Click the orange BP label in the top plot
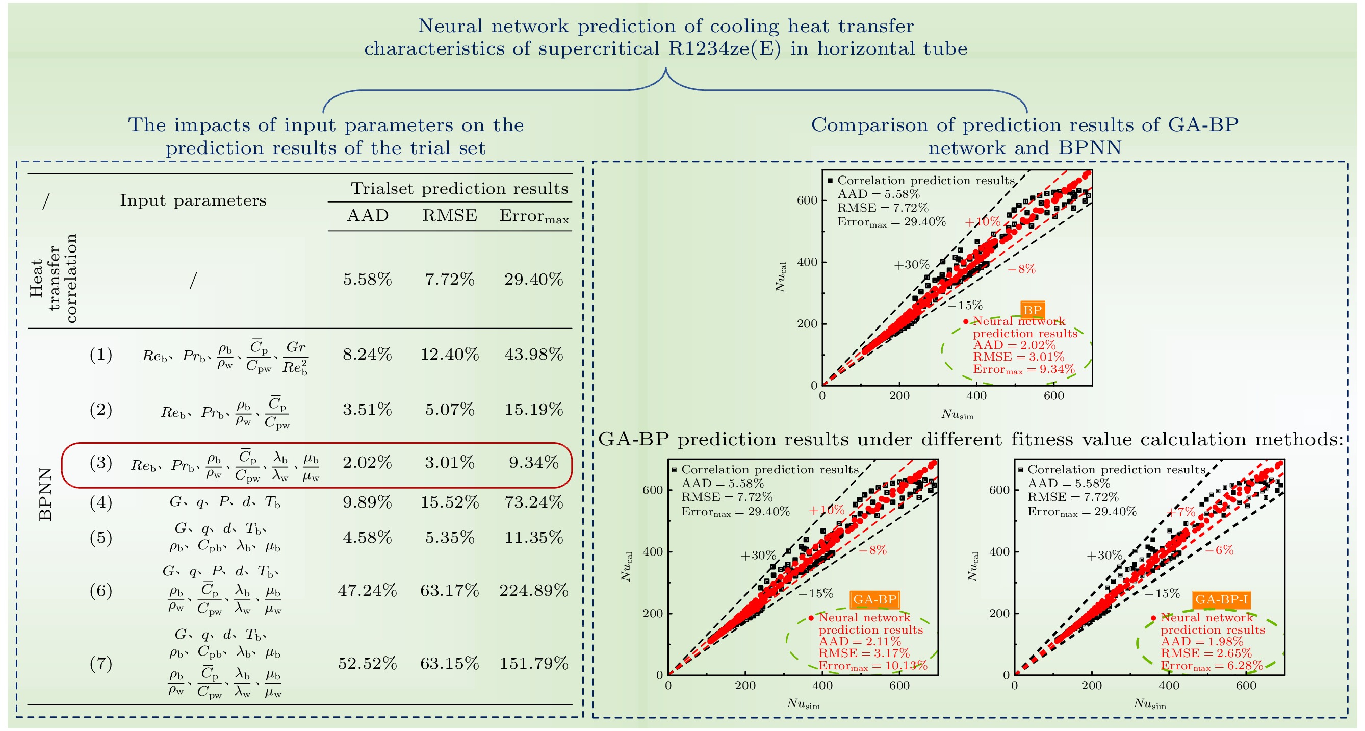tap(1032, 310)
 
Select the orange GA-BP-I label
tap(1221, 599)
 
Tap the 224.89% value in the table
tap(533, 591)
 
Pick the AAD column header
tap(367, 216)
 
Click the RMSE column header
tap(449, 216)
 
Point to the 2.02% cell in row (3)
tap(367, 463)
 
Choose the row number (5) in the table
tap(100, 538)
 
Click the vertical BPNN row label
tap(46, 494)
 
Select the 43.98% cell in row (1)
tap(533, 354)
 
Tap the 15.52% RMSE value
tap(449, 502)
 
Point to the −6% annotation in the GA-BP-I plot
tap(1219, 550)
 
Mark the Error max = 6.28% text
tap(1212, 666)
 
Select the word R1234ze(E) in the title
tap(724, 49)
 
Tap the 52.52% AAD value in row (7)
tap(367, 663)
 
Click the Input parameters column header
tap(193, 200)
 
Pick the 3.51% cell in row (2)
tap(367, 409)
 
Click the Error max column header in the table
tap(533, 216)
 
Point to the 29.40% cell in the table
tap(533, 280)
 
